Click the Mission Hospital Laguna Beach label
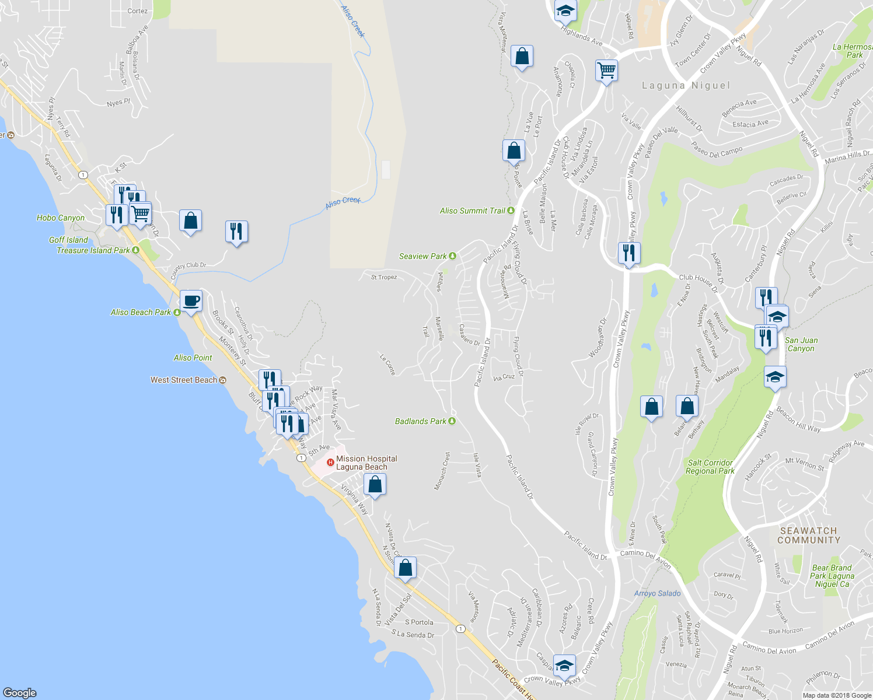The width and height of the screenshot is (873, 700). pos(366,463)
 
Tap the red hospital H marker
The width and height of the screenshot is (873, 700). pos(330,463)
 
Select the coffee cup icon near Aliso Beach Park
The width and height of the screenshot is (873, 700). pos(191,301)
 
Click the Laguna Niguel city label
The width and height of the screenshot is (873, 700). pos(686,86)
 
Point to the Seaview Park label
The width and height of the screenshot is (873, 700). pos(422,257)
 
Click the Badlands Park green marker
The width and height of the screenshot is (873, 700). pos(452,421)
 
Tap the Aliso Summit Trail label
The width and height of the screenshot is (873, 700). pos(472,211)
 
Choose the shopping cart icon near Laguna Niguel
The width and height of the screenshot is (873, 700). pos(606,71)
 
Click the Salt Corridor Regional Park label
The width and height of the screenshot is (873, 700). pos(710,467)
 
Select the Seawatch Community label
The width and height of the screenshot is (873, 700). pos(808,535)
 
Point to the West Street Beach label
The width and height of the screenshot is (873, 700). pos(184,380)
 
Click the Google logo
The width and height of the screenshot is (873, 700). pos(20,692)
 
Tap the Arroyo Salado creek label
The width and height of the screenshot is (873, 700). pos(657,594)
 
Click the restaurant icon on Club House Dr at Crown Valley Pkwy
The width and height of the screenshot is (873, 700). pos(629,253)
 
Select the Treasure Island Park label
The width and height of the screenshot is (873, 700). pos(93,251)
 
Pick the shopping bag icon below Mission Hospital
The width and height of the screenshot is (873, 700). pos(375,485)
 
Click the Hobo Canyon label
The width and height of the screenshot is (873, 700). pos(61,218)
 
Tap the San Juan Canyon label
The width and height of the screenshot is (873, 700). pos(801,344)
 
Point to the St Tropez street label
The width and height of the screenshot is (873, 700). pos(384,278)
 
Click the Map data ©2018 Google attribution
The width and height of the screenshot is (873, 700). pos(837,695)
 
